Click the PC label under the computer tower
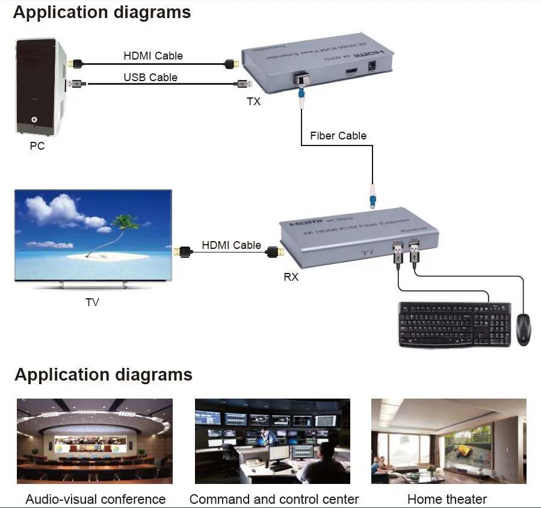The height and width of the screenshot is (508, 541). pyautogui.click(x=37, y=145)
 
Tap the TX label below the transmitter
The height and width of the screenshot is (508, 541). pyautogui.click(x=254, y=102)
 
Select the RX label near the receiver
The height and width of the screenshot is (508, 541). pyautogui.click(x=291, y=277)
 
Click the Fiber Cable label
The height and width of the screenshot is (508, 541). pyautogui.click(x=338, y=136)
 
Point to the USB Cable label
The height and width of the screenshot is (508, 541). pyautogui.click(x=150, y=77)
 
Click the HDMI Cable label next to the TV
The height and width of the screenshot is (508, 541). pyautogui.click(x=231, y=245)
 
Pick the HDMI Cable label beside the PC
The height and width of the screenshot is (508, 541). pyautogui.click(x=153, y=56)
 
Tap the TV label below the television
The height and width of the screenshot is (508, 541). pyautogui.click(x=92, y=302)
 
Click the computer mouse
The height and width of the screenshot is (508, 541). pyautogui.click(x=523, y=328)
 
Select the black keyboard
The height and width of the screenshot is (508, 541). pyautogui.click(x=454, y=324)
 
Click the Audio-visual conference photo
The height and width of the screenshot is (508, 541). pyautogui.click(x=94, y=441)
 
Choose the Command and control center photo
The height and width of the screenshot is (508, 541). pyautogui.click(x=272, y=441)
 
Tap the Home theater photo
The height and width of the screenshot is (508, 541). pyautogui.click(x=448, y=441)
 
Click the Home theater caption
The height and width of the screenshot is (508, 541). pyautogui.click(x=447, y=499)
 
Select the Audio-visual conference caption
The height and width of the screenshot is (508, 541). pyautogui.click(x=95, y=499)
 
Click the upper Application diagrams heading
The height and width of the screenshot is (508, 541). pyautogui.click(x=102, y=13)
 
